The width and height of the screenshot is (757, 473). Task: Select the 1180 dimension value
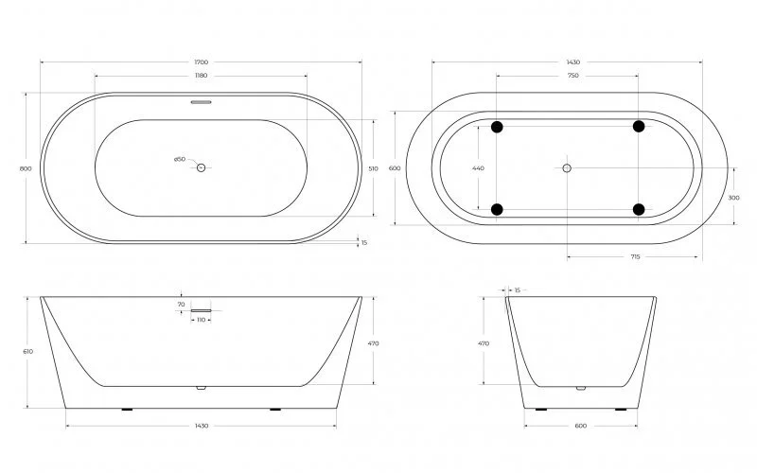(201, 75)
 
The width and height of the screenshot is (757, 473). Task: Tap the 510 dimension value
(373, 168)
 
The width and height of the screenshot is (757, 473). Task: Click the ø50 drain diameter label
(179, 160)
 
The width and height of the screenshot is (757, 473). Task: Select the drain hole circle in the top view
(201, 167)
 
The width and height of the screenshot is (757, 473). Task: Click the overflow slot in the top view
(201, 102)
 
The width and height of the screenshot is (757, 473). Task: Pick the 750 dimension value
(568, 75)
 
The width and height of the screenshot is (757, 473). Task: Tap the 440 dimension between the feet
(478, 168)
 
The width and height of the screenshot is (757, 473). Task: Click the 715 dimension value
(635, 256)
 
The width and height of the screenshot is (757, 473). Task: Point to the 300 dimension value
(734, 198)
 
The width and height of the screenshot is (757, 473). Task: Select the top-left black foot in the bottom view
(497, 127)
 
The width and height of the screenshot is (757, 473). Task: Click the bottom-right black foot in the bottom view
(639, 209)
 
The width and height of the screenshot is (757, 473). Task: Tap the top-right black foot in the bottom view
(639, 127)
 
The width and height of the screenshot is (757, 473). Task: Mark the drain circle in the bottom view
(567, 168)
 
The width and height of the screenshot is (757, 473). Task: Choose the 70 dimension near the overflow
(181, 305)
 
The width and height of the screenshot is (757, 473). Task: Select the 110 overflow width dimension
(201, 320)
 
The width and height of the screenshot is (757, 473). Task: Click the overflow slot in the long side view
(201, 308)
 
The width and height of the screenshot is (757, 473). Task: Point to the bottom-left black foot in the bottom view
(497, 209)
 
